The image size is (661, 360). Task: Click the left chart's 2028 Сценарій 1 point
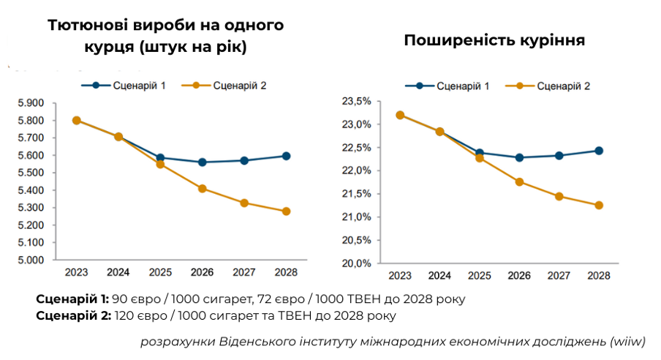(x=286, y=156)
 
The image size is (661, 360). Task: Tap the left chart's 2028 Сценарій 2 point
(x=286, y=211)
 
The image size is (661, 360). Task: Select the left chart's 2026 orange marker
(x=202, y=189)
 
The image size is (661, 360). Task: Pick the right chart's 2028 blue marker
(x=599, y=151)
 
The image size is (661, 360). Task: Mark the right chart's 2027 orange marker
(x=559, y=196)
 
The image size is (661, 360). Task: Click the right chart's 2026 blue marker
(x=519, y=157)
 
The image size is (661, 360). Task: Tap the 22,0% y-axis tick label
(x=358, y=170)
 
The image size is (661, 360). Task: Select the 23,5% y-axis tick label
(x=358, y=101)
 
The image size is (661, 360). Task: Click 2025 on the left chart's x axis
(x=160, y=272)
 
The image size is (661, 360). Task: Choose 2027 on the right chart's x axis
(x=559, y=276)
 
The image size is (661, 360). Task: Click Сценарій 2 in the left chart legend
(x=239, y=86)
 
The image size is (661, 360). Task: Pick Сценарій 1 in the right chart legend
(x=463, y=86)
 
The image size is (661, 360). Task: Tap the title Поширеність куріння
(x=494, y=40)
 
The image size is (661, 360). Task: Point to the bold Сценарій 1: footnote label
(x=72, y=299)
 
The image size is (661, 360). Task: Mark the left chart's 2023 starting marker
(x=76, y=121)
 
